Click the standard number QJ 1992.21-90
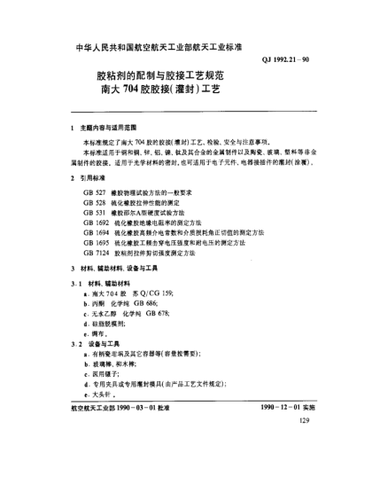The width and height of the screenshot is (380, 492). coord(285,59)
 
